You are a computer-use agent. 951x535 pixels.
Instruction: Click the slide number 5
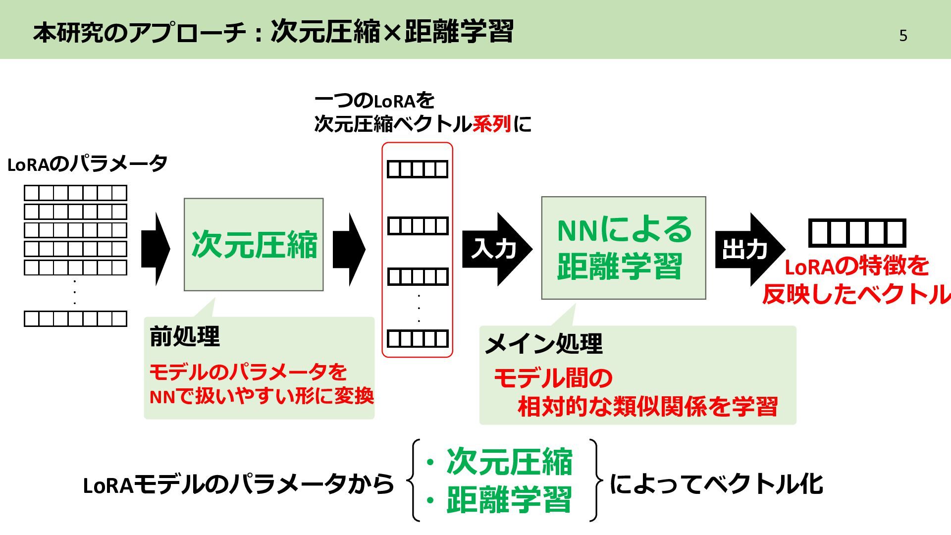[x=903, y=36]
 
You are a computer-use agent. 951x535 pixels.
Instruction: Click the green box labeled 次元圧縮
[x=254, y=244]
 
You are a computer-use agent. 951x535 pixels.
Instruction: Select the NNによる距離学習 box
[x=623, y=248]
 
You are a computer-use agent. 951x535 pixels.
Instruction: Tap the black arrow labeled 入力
[x=495, y=249]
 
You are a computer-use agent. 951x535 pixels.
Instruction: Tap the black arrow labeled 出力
[x=747, y=249]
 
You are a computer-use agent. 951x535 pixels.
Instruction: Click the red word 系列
[x=491, y=123]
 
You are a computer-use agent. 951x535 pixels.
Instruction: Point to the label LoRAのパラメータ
[x=87, y=164]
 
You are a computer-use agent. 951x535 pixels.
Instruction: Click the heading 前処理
[x=185, y=336]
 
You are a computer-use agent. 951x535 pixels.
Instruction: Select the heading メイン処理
[x=543, y=343]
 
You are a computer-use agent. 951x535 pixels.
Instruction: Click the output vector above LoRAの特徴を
[x=857, y=233]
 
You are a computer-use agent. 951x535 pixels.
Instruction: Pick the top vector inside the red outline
[x=418, y=169]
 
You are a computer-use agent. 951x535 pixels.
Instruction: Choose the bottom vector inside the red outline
[x=418, y=339]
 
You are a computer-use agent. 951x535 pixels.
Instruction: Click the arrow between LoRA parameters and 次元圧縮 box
[x=156, y=249]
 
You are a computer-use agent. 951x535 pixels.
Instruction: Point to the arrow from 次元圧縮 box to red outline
[x=349, y=249]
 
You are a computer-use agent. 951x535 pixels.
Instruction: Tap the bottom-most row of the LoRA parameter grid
[x=75, y=319]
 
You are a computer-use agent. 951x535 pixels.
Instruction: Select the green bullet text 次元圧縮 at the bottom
[x=509, y=462]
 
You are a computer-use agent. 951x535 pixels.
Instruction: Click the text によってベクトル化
[x=716, y=484]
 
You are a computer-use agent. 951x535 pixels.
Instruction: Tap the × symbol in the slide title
[x=392, y=33]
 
